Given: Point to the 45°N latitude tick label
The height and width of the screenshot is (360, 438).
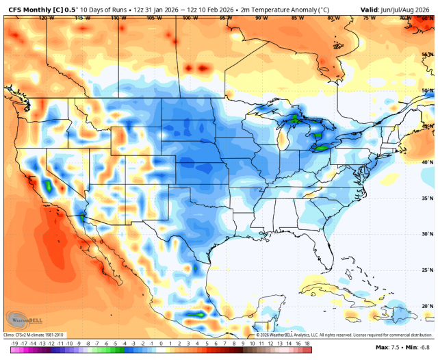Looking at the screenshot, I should pos(428,127).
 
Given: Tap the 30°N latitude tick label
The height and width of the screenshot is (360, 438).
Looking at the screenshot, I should pos(428,233).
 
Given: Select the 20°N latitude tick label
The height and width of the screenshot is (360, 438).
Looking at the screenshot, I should pos(428,306).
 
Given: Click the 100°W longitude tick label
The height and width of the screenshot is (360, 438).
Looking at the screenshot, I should pos(185,18).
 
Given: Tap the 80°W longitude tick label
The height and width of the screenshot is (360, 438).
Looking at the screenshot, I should pos(333,18).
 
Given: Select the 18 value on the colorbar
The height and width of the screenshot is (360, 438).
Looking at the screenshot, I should pos(309,342).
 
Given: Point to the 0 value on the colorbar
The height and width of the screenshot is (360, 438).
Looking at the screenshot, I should pos(161,342).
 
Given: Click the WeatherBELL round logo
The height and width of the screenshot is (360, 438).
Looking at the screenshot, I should pos(20,320).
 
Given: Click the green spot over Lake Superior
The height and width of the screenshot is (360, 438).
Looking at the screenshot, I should pos(296,118).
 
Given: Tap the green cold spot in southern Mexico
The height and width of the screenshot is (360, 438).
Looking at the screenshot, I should pos(196,314).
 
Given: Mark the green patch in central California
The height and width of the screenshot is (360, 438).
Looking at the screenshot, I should pos(49,185).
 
